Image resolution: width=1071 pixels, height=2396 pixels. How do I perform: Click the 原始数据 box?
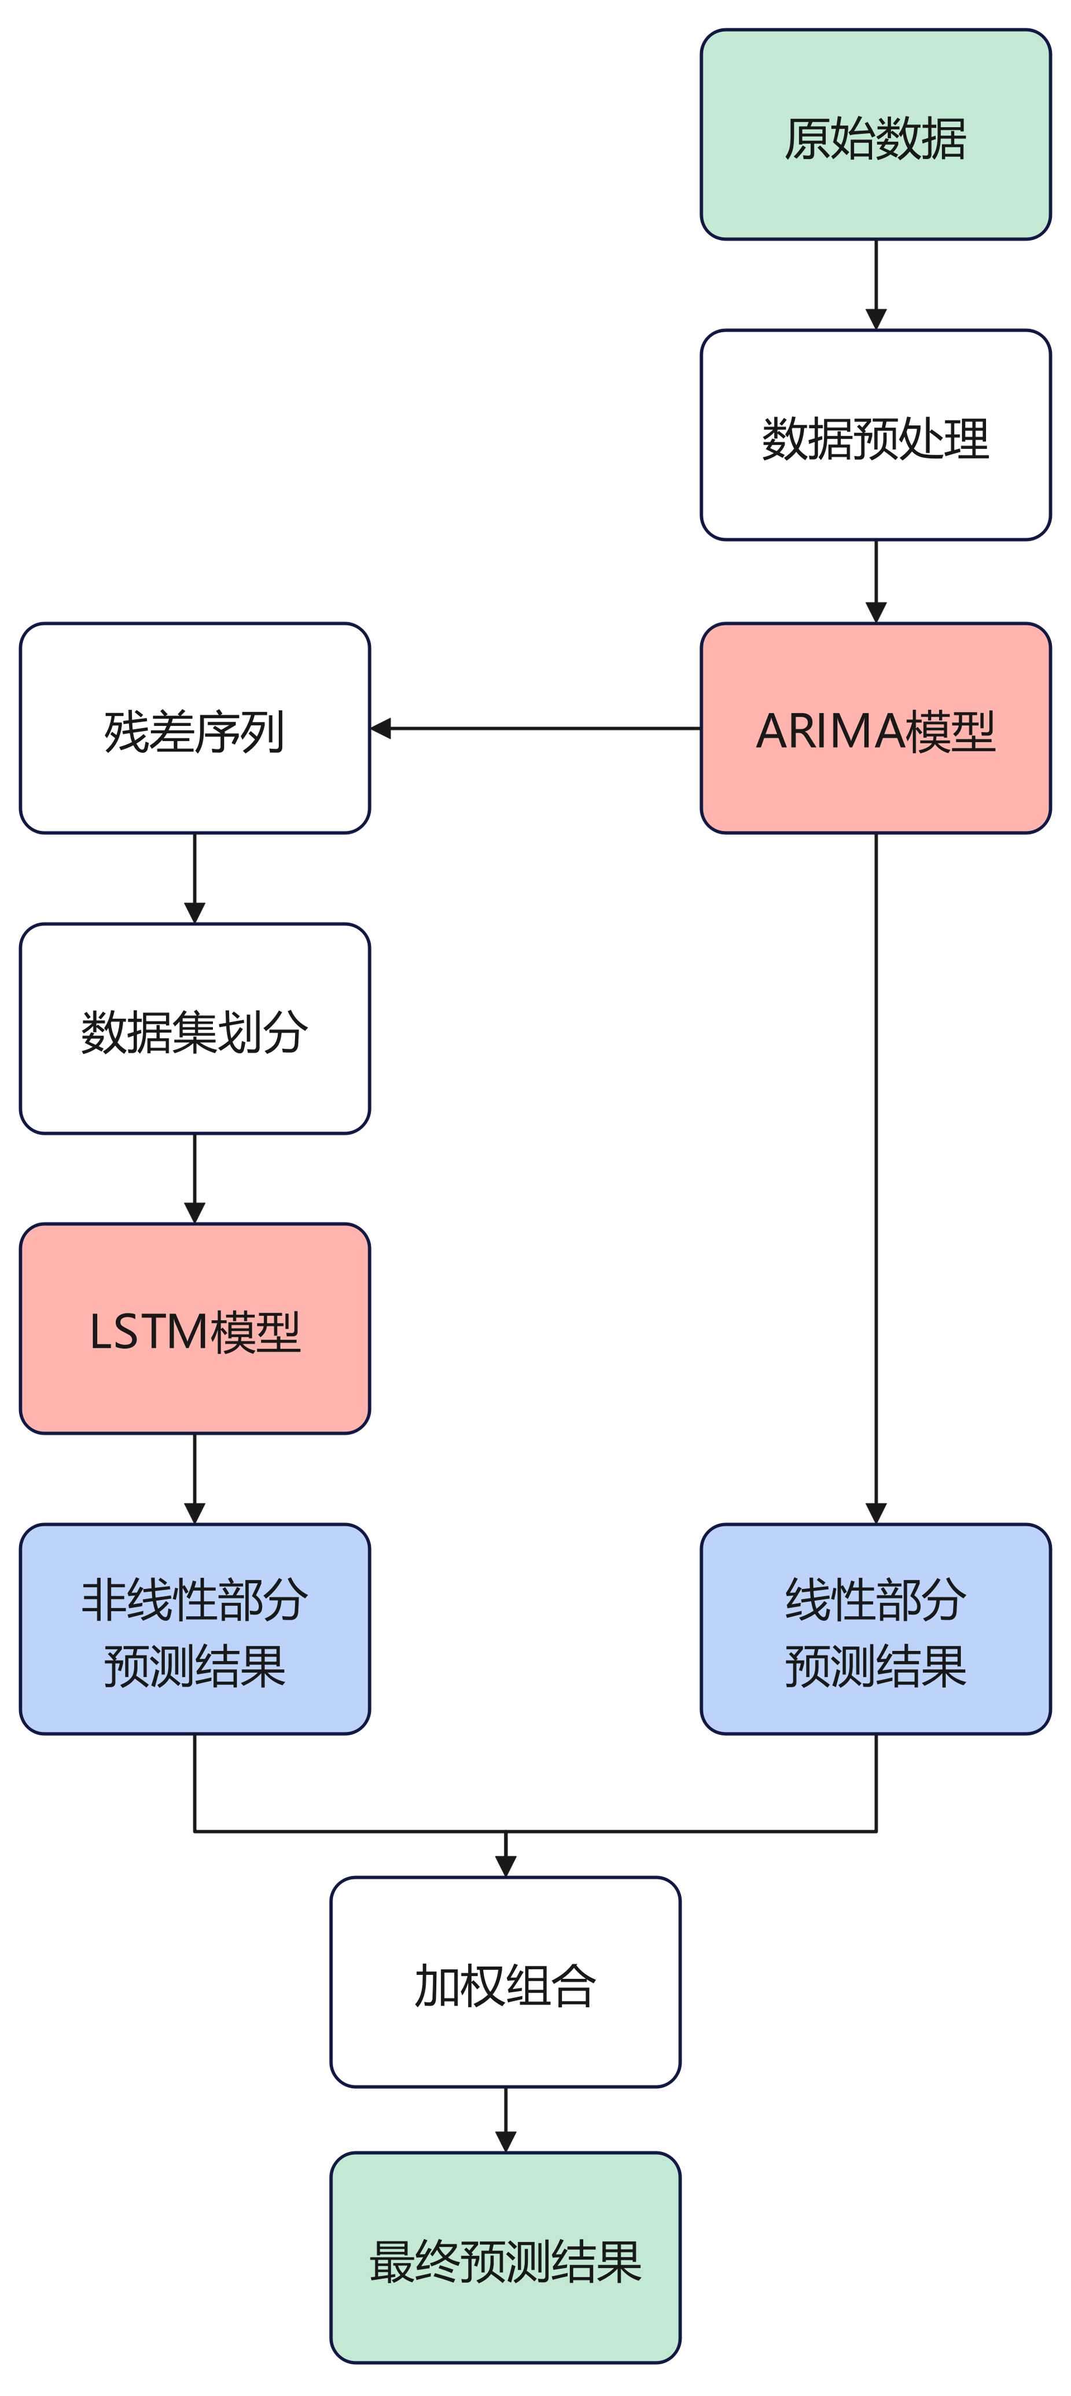tap(875, 135)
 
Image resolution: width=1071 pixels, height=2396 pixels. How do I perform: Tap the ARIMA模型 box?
tap(875, 728)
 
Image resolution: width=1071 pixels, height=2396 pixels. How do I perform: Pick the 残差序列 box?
tap(194, 728)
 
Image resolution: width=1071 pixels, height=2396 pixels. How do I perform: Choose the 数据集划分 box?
tap(194, 1028)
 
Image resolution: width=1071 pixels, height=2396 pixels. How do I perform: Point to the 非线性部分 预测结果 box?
tap(194, 1628)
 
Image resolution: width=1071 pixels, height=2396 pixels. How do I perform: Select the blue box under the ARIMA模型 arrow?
tap(875, 1628)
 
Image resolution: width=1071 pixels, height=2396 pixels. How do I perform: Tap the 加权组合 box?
tap(505, 1982)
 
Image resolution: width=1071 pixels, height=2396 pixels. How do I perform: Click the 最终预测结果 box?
tap(505, 2257)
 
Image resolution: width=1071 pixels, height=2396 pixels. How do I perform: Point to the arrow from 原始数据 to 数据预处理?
tap(875, 283)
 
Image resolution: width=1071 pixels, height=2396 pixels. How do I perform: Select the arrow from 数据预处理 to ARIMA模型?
tap(875, 581)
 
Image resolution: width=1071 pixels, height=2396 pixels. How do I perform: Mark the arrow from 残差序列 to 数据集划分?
tap(194, 878)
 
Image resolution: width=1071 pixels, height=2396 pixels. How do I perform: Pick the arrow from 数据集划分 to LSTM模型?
tap(194, 1178)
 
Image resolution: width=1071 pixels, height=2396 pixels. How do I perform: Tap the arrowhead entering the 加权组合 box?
tap(505, 1866)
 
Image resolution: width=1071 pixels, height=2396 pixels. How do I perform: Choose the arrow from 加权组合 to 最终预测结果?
tap(505, 2119)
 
